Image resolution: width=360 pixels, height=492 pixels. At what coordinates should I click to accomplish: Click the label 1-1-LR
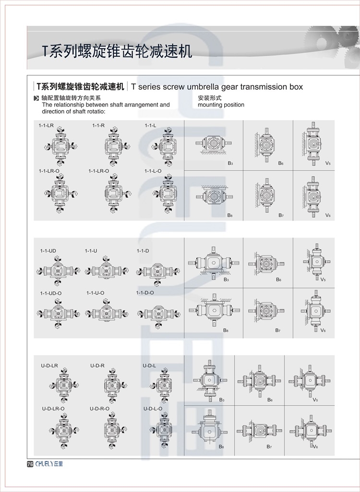pos(46,125)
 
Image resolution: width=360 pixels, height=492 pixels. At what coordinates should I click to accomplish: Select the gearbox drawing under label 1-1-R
pos(112,144)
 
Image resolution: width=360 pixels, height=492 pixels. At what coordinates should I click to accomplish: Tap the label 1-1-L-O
pos(153,171)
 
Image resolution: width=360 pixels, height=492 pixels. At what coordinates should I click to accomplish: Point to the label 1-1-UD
pos(48,251)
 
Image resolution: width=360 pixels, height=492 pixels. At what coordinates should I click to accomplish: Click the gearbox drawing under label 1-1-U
pos(100,270)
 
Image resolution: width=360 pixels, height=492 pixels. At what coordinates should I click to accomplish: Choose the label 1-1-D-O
pos(145,293)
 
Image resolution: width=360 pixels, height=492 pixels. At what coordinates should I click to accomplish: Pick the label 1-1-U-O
pos(95,293)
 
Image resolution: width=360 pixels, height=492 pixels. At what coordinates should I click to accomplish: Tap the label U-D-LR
pos(49,366)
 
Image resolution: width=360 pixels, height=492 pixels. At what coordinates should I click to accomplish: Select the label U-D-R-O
pos(99,409)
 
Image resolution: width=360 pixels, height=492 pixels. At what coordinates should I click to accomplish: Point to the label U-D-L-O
pos(153,409)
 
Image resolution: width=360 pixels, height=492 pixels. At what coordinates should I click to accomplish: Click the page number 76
pos(30,464)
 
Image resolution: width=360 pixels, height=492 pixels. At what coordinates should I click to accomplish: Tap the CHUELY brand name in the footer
pos(48,464)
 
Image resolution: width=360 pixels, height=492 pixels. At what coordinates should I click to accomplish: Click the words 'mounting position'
pos(221,105)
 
